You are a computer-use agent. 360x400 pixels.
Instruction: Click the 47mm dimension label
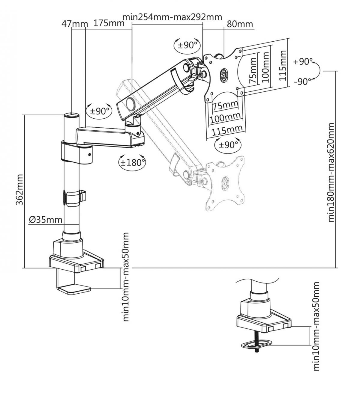click(74, 24)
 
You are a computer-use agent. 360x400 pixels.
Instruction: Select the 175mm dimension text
click(109, 23)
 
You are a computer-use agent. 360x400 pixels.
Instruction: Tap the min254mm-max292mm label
click(172, 17)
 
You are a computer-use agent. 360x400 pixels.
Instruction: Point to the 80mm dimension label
click(240, 24)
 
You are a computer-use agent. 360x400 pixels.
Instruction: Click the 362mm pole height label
click(19, 189)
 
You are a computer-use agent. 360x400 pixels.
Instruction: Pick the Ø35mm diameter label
click(46, 220)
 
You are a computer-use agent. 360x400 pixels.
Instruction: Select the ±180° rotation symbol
click(132, 162)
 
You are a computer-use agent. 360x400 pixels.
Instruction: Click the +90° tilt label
click(303, 62)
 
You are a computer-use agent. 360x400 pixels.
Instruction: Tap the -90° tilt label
click(303, 81)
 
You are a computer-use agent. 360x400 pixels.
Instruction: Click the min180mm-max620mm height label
click(331, 172)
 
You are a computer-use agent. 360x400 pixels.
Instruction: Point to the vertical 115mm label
click(282, 65)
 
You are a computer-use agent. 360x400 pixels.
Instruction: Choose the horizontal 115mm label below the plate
click(227, 131)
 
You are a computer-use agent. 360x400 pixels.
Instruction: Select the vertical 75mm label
click(253, 70)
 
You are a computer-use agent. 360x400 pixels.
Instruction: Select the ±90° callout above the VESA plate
click(187, 45)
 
